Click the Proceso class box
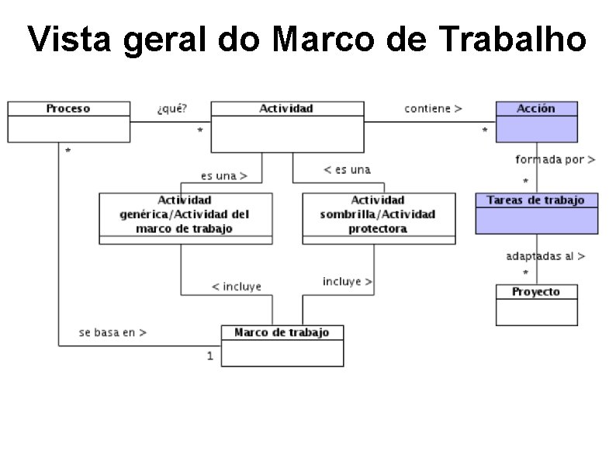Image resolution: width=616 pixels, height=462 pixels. coord(68,121)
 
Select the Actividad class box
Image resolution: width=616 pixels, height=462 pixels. coord(287,126)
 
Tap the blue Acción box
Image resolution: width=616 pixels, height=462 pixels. coord(536,121)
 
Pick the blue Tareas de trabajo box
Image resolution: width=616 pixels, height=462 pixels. coord(536,213)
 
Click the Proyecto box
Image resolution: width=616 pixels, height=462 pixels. coord(536,304)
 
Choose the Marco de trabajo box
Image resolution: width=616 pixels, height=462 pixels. coord(282,346)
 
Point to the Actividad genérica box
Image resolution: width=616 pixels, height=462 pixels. coord(185,217)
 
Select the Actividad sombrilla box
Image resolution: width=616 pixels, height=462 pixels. coord(378,217)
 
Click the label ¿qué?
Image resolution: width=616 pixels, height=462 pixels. coord(171,109)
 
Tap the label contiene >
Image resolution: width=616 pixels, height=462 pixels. coord(433,109)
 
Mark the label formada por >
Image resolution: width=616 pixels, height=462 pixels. coord(555,160)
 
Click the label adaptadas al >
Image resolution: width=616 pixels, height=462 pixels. coord(545,255)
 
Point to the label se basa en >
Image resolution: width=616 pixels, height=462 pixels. coord(112,332)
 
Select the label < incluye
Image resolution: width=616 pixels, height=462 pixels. coord(237,287)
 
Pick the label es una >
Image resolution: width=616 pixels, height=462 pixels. coord(223,175)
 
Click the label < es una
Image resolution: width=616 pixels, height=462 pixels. coord(347,169)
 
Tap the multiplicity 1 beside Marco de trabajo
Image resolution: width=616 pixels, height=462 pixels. coord(210,356)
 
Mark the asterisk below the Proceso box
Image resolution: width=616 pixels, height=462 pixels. coord(68,151)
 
